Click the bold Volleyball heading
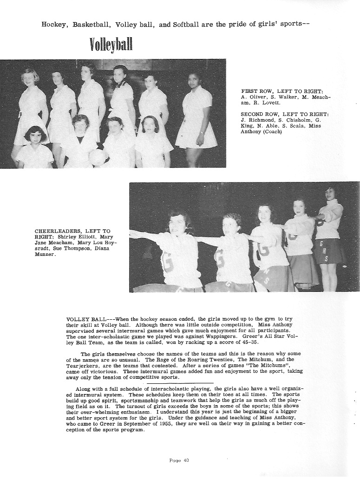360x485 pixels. [111, 45]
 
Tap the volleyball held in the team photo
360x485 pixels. [98, 156]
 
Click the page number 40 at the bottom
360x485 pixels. [179, 460]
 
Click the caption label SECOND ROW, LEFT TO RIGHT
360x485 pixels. [284, 114]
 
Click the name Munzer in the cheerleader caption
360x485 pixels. [44, 254]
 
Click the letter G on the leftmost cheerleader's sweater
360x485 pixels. [167, 263]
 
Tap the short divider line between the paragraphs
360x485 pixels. [180, 383]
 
